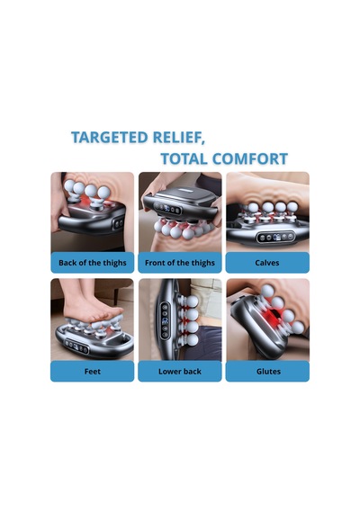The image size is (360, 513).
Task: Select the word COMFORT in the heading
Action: (249, 158)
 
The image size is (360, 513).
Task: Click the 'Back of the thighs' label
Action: (93, 263)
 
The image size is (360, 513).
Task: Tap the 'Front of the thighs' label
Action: (180, 263)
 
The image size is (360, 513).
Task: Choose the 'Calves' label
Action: (267, 263)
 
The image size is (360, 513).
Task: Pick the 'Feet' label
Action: (93, 372)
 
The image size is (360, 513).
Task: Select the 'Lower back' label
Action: (180, 372)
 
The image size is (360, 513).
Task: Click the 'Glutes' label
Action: (268, 372)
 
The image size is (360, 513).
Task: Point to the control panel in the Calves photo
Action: (275, 237)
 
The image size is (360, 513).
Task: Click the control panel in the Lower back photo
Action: (165, 320)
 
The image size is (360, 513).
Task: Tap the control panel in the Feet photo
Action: (76, 346)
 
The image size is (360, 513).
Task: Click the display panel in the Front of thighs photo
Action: (167, 209)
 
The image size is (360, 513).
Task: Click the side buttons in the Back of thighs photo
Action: (118, 223)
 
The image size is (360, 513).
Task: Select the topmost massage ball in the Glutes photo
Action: (267, 291)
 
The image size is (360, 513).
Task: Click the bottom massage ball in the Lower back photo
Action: (192, 340)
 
